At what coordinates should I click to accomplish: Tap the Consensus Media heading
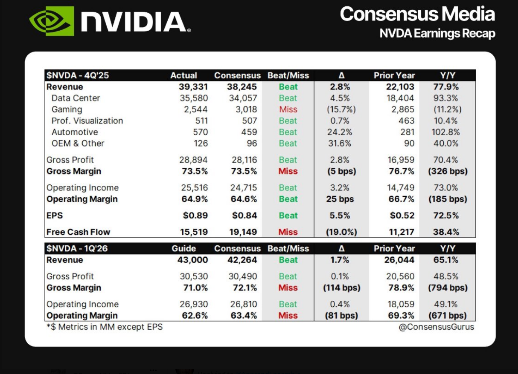coord(417,14)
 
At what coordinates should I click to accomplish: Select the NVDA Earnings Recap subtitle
coord(437,33)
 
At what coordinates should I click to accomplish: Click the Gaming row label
coord(67,109)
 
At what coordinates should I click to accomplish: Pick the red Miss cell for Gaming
coord(288,109)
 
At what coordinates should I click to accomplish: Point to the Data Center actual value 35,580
coord(194,98)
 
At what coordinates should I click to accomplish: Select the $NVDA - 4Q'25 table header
coord(77,75)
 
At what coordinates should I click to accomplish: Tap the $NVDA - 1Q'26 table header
coord(78,248)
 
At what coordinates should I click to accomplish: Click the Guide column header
coord(183,248)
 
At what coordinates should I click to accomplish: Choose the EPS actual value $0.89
coord(195,216)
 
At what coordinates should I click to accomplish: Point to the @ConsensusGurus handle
coord(437,327)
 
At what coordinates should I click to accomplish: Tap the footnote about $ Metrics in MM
coord(105,327)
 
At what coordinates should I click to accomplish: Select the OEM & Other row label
coord(78,144)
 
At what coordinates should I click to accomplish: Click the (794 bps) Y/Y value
coord(448,288)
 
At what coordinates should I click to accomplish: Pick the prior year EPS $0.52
coord(402,216)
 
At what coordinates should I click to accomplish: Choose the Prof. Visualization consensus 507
coord(249,121)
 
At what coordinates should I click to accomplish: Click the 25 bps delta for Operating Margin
coord(340,199)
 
